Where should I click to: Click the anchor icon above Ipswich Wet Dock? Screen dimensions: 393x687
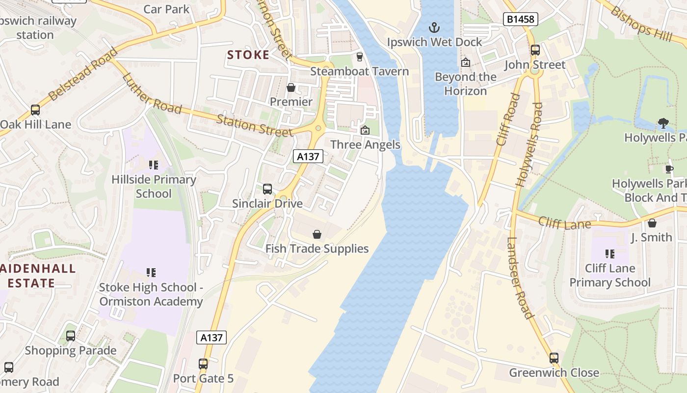coord(434,28)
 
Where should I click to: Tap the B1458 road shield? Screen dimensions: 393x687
coord(521,19)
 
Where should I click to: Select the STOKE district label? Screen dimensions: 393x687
coord(248,55)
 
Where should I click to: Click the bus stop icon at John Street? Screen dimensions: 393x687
coord(535,50)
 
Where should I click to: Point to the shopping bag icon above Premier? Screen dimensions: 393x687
coord(291,87)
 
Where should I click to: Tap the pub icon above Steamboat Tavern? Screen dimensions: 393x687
coord(359,57)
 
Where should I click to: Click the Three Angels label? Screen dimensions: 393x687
coord(365,145)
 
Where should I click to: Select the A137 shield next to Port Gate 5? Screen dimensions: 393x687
coord(211,337)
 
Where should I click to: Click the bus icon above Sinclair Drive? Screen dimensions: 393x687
coord(267,189)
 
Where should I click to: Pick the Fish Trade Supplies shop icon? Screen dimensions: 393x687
coord(317,234)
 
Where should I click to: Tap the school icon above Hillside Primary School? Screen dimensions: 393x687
coord(154,165)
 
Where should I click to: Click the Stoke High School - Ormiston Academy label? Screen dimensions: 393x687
coord(151,294)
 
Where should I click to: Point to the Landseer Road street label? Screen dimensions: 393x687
coord(520,278)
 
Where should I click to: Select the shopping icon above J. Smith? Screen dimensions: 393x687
coord(652,224)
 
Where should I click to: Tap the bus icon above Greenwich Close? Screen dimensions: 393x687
coord(554,358)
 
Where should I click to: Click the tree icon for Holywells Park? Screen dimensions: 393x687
coord(663,123)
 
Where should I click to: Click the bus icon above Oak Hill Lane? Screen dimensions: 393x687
coord(35,110)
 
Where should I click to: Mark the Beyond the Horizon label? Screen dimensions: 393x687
coord(465,84)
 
